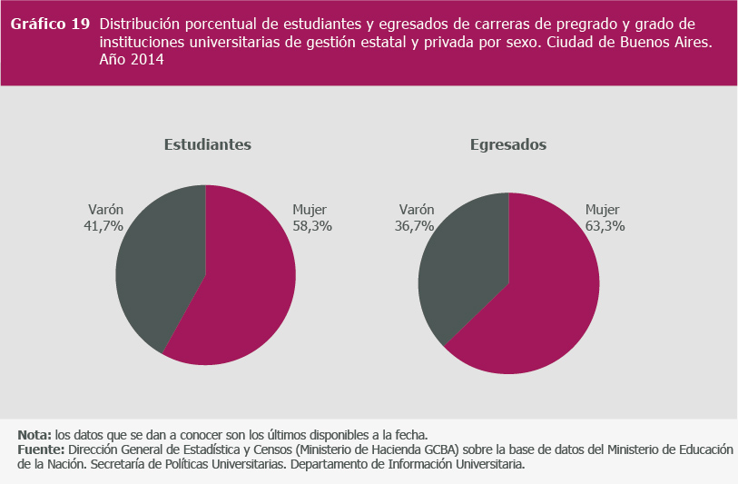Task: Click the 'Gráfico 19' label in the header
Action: click(x=50, y=25)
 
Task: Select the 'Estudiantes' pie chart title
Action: click(x=207, y=145)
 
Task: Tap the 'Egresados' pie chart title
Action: click(x=508, y=145)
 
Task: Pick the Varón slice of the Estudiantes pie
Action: click(x=159, y=263)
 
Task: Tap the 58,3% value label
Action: click(x=312, y=226)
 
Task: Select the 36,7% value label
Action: click(x=415, y=226)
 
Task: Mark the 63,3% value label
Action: click(x=605, y=226)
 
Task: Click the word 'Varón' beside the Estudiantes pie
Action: click(x=105, y=209)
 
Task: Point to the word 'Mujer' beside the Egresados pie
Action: click(x=602, y=209)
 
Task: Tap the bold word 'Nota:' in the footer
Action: click(x=34, y=434)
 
